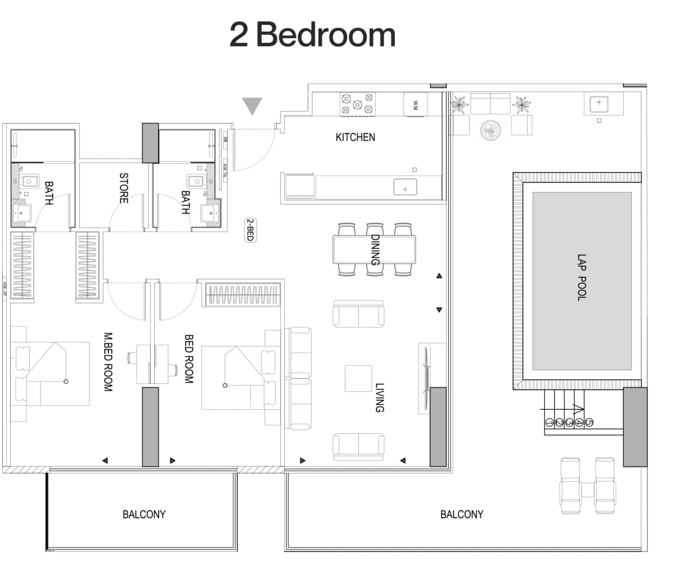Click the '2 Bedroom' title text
[x=312, y=35]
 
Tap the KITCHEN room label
[x=355, y=137]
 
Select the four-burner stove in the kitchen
[x=357, y=105]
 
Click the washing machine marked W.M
[x=416, y=105]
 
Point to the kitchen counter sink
[x=405, y=187]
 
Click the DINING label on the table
[x=375, y=250]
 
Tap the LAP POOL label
[x=582, y=277]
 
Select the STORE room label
[x=124, y=188]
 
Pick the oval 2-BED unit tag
[x=249, y=230]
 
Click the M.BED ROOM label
[x=108, y=361]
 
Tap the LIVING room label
[x=380, y=398]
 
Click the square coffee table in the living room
[x=358, y=379]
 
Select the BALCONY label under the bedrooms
[x=144, y=514]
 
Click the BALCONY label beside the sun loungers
[x=461, y=514]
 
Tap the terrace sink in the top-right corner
[x=599, y=103]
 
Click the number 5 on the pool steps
[x=589, y=422]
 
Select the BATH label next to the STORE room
[x=185, y=202]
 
